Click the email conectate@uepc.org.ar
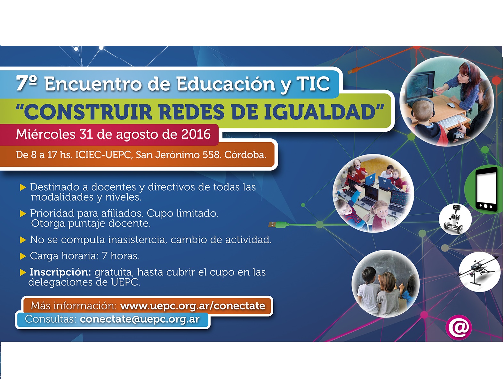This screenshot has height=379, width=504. coord(140,319)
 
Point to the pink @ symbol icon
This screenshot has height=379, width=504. coord(459,327)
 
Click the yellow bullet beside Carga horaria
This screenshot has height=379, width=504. coord(23,256)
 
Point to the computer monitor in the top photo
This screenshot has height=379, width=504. coord(420,86)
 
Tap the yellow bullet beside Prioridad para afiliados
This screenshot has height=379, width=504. coord(23,214)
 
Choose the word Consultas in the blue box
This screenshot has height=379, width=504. coord(51,319)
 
